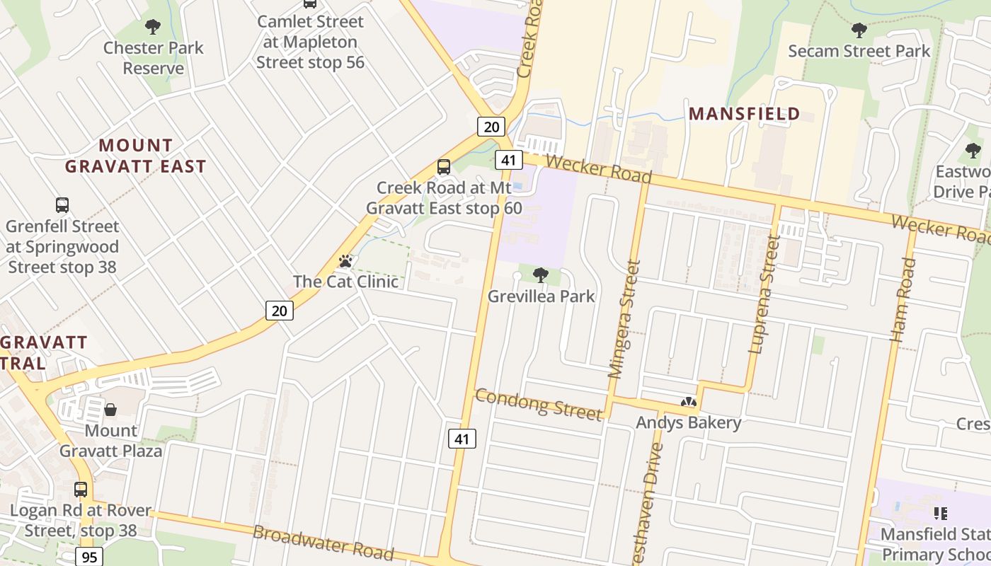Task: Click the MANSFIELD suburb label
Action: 744,114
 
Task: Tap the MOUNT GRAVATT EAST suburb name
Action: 136,156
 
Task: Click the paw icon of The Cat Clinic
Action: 345,261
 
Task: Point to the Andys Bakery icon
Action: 688,403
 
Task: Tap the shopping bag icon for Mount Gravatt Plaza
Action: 110,410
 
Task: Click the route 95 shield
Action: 89,557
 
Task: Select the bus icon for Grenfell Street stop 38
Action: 62,205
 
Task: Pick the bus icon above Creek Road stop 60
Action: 444,167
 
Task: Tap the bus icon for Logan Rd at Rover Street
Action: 81,490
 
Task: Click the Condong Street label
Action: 538,404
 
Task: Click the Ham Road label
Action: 903,300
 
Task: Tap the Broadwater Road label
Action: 323,543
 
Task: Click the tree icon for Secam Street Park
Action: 859,30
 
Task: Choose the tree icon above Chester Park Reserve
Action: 152,28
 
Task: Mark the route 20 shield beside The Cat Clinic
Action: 280,310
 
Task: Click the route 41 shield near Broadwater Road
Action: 462,439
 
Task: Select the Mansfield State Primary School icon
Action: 940,513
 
